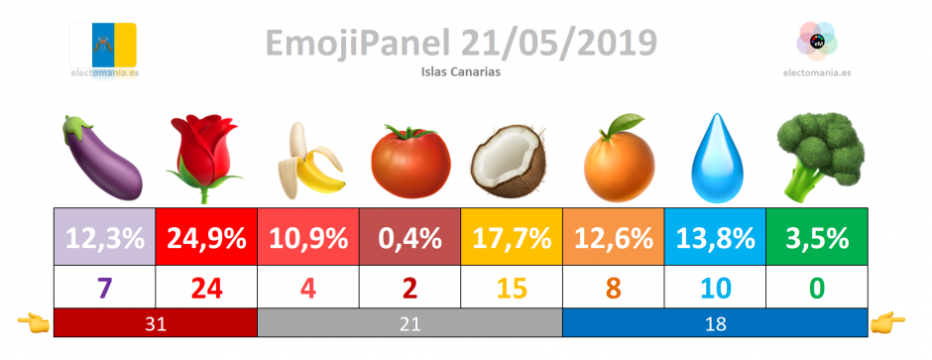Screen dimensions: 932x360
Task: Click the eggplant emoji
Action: (102, 158)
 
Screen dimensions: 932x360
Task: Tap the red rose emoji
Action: (204, 159)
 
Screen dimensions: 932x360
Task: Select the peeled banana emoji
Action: (309, 160)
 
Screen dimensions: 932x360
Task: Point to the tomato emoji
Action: (410, 161)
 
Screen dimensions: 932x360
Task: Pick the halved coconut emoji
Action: (509, 161)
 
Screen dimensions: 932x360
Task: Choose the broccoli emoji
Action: (820, 157)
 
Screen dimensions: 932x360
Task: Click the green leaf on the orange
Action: (628, 124)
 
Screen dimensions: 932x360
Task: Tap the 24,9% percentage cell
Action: (206, 236)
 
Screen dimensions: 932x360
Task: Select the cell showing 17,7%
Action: (512, 236)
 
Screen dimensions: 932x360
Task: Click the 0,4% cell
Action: (410, 236)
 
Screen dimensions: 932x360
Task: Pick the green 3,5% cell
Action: (817, 236)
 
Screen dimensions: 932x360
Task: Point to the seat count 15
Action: (512, 289)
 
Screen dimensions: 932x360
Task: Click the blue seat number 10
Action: (715, 289)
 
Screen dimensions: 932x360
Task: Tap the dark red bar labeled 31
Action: (156, 322)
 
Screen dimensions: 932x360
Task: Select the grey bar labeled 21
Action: (410, 322)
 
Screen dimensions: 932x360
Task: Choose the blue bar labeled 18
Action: (715, 322)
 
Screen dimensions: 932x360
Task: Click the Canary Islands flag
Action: (103, 46)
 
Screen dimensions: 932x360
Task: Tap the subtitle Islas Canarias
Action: (461, 71)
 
